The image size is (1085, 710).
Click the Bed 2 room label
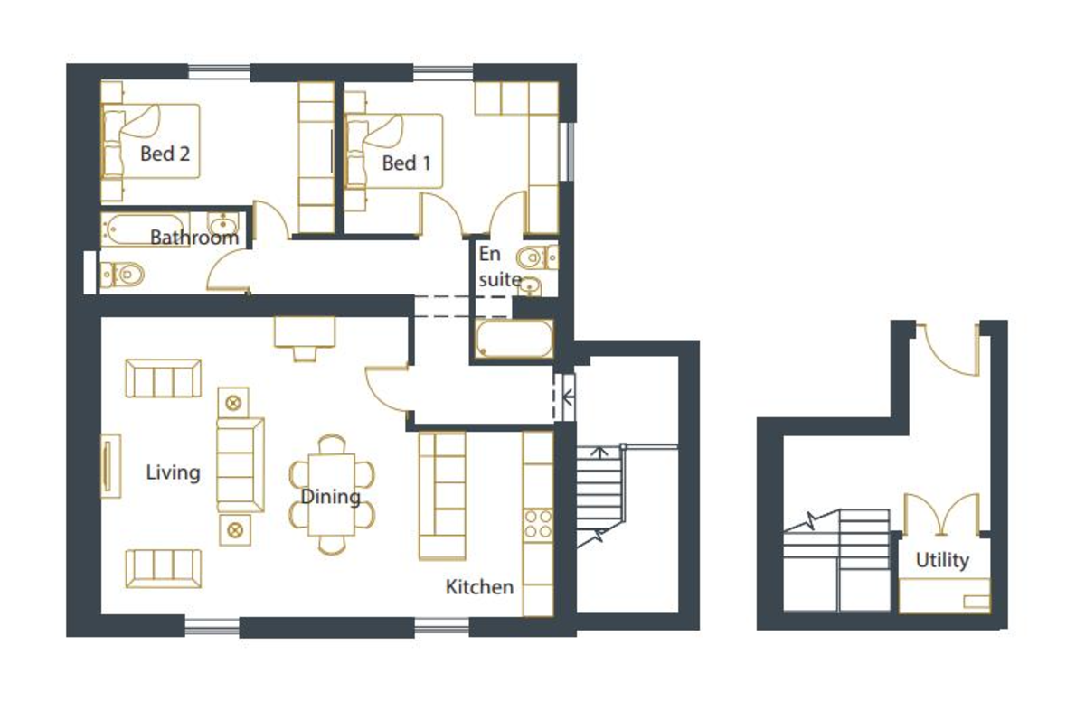(165, 154)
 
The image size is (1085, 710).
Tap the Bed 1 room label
(406, 163)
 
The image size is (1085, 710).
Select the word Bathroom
(194, 238)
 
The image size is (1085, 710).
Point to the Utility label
(942, 560)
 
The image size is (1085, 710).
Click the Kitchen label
(479, 587)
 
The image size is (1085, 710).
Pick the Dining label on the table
(331, 497)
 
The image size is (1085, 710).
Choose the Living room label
(173, 472)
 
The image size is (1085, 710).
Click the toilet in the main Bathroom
(123, 275)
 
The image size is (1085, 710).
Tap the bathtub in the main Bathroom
(144, 229)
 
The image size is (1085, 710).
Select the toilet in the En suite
(538, 257)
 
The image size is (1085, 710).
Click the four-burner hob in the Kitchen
(538, 525)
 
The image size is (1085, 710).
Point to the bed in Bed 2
(151, 141)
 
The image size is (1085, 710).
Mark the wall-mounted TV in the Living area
(110, 466)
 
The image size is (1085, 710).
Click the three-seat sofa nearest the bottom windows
(164, 569)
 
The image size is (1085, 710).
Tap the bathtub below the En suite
(514, 339)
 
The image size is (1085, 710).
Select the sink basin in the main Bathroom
(222, 224)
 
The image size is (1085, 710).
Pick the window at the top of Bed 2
(219, 72)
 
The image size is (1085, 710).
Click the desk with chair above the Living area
(305, 339)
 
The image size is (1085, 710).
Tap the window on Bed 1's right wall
(567, 152)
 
